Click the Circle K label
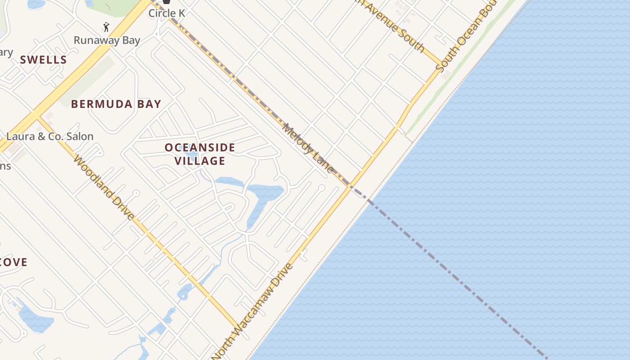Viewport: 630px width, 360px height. point(166,13)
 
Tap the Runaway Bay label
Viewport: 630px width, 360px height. point(107,40)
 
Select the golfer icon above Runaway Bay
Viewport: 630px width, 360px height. point(106,27)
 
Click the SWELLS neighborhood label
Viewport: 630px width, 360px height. point(43,60)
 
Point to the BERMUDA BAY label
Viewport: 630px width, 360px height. point(116,104)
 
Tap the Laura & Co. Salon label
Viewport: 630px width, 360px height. point(50,136)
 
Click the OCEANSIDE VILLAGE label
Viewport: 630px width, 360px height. point(200,154)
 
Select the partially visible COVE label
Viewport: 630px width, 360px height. point(13,262)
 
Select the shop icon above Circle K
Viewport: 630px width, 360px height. point(166,2)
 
